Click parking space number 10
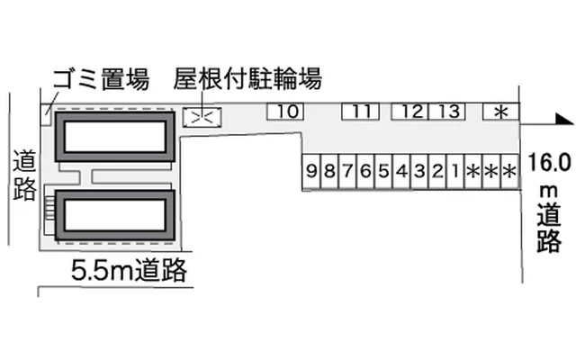(285, 112)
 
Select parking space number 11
(360, 112)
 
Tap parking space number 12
(410, 112)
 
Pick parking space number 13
(447, 112)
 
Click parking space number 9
(311, 172)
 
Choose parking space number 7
(347, 172)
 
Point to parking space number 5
(383, 172)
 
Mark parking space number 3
(419, 172)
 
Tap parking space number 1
(455, 172)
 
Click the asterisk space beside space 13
(501, 112)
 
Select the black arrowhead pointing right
(564, 119)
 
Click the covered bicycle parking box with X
(202, 117)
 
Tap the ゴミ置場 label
(102, 78)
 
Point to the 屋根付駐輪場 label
(247, 78)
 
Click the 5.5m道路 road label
(129, 270)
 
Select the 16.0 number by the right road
(550, 163)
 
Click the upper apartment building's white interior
(114, 136)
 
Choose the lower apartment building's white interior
(114, 215)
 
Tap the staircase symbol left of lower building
(49, 208)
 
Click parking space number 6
(365, 172)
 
